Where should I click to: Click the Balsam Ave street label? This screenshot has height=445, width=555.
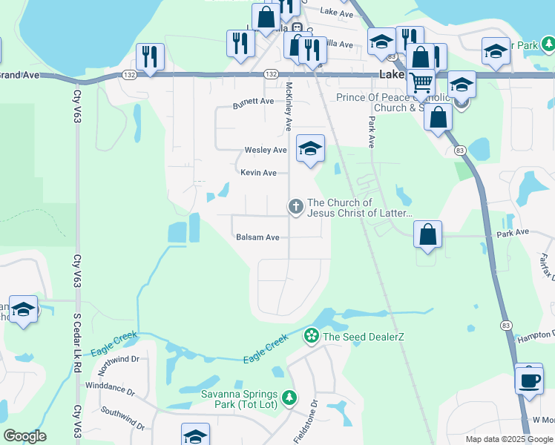click(x=257, y=237)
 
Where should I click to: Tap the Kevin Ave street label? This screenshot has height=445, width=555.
click(x=258, y=173)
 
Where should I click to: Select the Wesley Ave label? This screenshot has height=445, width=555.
click(x=266, y=150)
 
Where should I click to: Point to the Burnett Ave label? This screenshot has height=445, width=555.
click(x=254, y=101)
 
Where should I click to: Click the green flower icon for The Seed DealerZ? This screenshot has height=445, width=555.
click(x=312, y=337)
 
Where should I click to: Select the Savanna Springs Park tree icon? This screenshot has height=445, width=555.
click(x=289, y=398)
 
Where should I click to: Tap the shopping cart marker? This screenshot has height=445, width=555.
click(x=421, y=82)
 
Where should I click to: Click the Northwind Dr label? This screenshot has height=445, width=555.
click(x=116, y=360)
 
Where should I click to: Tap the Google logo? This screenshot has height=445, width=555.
click(x=24, y=436)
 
